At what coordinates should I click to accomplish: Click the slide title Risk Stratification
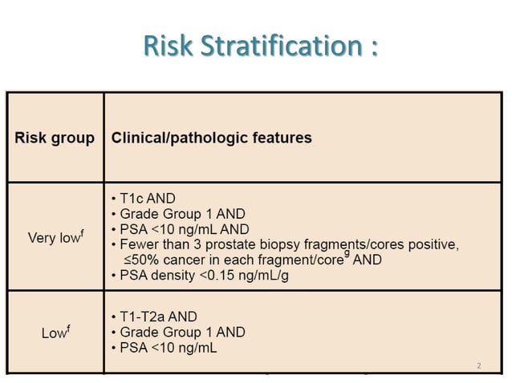260,46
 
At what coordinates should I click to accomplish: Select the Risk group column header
55,138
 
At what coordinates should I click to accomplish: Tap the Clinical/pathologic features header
211,138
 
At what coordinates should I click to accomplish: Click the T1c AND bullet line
143,198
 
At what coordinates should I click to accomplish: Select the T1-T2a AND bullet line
153,316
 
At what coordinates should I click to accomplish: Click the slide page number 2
479,366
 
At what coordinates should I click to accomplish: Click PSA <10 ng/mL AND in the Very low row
180,229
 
